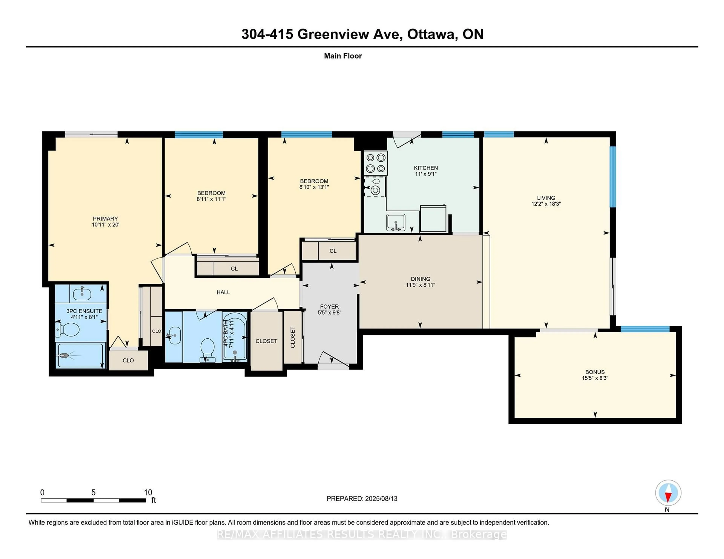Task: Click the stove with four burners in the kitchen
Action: point(376,163)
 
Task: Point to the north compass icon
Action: point(668,493)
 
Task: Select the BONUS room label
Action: point(595,372)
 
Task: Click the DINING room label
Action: point(420,279)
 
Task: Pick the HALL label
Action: point(223,292)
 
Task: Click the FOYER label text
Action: point(329,307)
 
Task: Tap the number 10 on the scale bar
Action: point(148,493)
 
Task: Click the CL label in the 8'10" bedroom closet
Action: point(333,251)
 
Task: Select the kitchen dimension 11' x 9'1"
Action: point(426,174)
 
